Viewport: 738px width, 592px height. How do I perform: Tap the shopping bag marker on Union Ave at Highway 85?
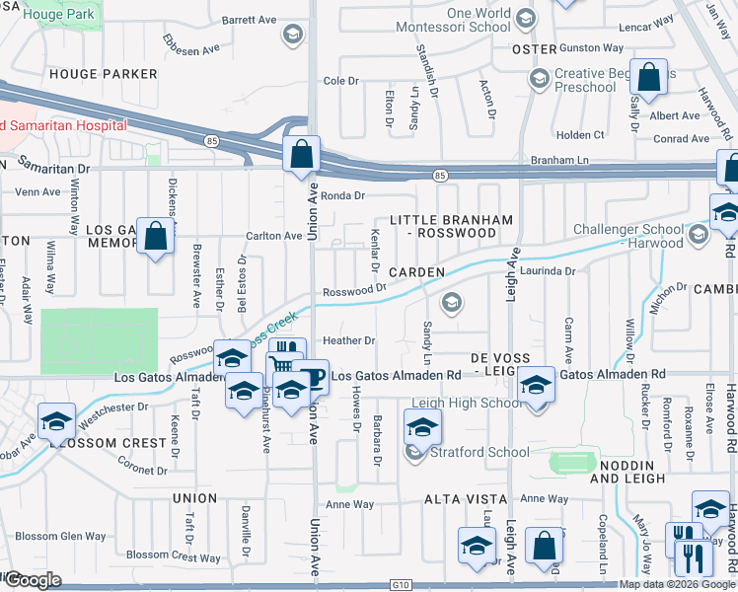tap(301, 155)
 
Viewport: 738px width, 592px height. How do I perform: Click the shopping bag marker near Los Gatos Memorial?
tap(155, 236)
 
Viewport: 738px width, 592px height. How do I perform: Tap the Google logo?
tap(32, 579)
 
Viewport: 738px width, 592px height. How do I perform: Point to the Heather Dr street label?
tap(356, 340)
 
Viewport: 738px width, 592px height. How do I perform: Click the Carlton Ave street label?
tap(273, 236)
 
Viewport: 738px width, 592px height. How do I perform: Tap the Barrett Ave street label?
tap(250, 19)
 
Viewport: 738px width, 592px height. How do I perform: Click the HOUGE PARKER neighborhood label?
tap(103, 74)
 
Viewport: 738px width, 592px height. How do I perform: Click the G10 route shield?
tap(399, 584)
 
